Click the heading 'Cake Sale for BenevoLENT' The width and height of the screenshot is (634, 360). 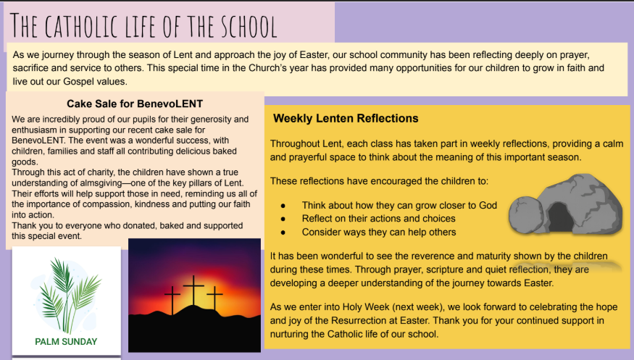point(135,104)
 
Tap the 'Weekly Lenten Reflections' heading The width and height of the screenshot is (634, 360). point(346,118)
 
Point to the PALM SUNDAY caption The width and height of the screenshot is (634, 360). point(66,341)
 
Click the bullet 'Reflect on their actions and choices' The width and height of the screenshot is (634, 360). point(378,219)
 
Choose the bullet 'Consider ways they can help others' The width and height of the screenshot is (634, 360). point(379,232)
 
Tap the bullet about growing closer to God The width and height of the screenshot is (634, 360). point(399,205)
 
